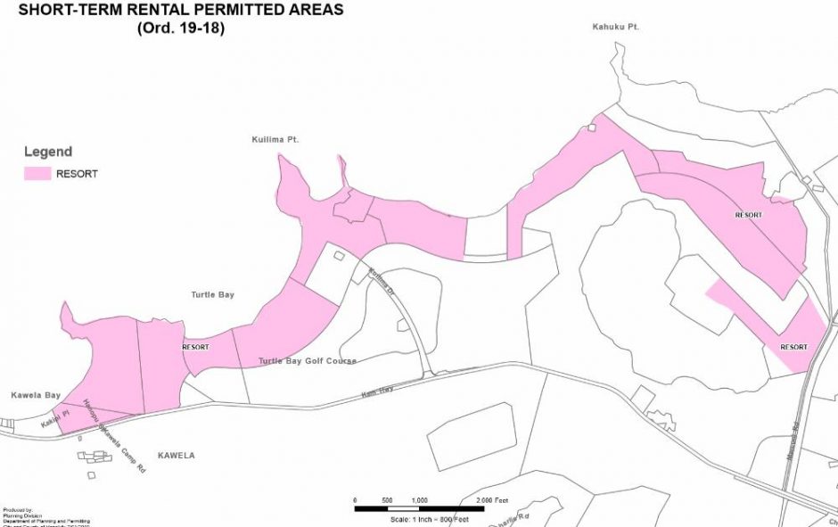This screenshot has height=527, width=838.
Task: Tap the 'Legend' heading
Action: [x=47, y=152]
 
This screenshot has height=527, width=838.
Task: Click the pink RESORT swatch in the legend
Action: [x=37, y=174]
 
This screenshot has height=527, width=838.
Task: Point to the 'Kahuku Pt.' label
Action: [x=616, y=28]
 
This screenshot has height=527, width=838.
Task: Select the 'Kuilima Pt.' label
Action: [x=274, y=141]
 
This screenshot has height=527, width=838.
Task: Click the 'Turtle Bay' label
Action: [x=212, y=294]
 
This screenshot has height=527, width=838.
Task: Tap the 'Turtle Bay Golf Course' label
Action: [x=307, y=361]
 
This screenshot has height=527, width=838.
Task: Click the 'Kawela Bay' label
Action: [x=35, y=394]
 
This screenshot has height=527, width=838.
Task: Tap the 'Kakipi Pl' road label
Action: [x=60, y=417]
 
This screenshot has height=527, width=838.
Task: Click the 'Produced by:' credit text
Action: [x=16, y=510]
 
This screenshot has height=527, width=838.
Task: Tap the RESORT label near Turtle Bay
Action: [x=195, y=347]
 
